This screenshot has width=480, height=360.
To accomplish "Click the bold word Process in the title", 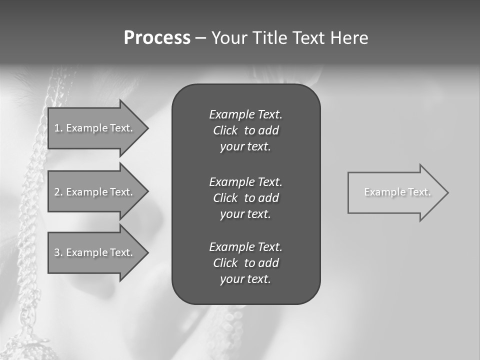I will pos(157,38).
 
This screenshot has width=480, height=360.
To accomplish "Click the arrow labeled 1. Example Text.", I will pos(95,128).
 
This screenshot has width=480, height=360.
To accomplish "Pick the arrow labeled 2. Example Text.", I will pos(95,192).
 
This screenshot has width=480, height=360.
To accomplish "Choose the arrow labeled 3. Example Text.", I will pos(95,252).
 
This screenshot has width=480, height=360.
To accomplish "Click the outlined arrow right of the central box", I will pos(395,192).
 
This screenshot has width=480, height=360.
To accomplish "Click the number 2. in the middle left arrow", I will pos(58,192).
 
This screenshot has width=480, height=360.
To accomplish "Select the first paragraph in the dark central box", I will pos(245,130).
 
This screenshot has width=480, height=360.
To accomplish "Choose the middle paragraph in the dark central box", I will pos(245,198).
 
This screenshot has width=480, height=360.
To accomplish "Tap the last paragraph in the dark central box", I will pos(245,263).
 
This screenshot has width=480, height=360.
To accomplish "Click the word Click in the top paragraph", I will pos(225,131).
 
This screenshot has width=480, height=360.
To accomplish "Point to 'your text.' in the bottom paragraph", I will pos(245,279).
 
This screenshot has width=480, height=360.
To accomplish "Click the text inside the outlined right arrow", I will pos(397,192).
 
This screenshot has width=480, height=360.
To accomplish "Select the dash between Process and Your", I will pos(200,38).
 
